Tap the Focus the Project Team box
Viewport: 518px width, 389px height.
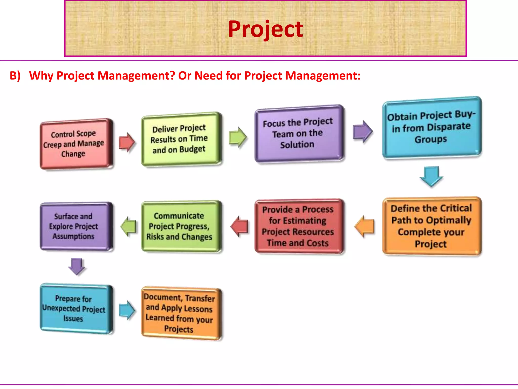tap(298, 133)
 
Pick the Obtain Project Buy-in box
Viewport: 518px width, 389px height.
tap(431, 127)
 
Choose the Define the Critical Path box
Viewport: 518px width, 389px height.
tap(431, 226)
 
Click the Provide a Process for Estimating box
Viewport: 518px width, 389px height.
tap(298, 226)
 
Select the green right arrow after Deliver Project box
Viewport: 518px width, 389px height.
tap(238, 137)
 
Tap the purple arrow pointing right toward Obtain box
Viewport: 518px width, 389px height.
tap(363, 131)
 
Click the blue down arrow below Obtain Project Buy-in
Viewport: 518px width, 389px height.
tap(431, 176)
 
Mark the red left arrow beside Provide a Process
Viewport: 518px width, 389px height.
tap(240, 226)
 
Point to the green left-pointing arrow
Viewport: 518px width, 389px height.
tap(128, 226)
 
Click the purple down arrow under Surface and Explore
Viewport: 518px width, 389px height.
tap(77, 266)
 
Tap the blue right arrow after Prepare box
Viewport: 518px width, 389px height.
tap(127, 310)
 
